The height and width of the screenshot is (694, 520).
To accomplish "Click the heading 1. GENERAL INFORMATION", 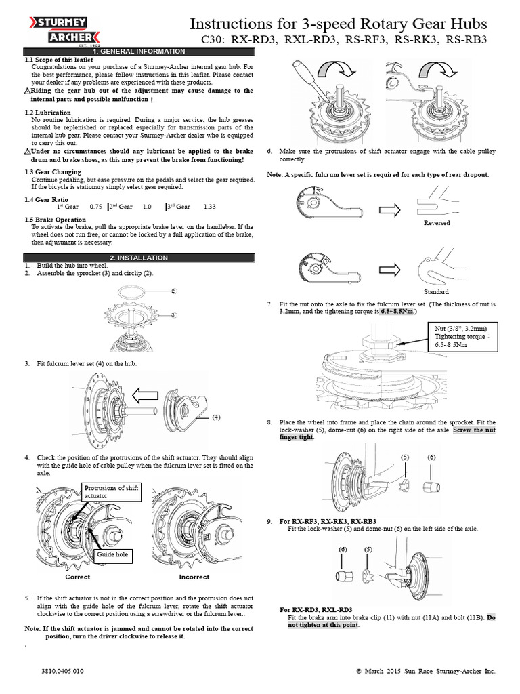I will pyautogui.click(x=138, y=52).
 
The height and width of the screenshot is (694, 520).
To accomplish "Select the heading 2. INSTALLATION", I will pyautogui.click(x=138, y=258).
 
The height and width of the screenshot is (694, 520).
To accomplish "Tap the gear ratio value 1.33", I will pyautogui.click(x=209, y=207).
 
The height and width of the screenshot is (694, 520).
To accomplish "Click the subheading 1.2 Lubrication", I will pyautogui.click(x=47, y=111).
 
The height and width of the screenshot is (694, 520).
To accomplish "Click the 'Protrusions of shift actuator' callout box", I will pyautogui.click(x=111, y=492).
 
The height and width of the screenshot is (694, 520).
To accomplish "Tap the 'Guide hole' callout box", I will pyautogui.click(x=112, y=554).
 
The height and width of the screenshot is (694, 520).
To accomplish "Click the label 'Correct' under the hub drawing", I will pyautogui.click(x=77, y=577).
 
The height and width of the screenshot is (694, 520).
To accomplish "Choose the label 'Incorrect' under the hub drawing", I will pyautogui.click(x=194, y=577).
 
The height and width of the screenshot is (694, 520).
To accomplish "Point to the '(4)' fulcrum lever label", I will pyautogui.click(x=217, y=417).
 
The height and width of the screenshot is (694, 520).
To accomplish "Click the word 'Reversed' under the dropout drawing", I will pyautogui.click(x=436, y=223).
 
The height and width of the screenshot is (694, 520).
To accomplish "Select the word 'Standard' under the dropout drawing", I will pyautogui.click(x=436, y=291).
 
